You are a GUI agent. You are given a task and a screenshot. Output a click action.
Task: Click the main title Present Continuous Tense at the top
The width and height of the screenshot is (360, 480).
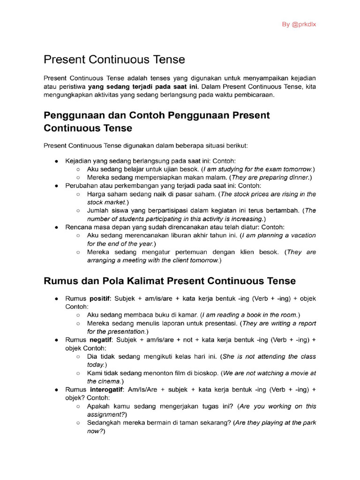[x=114, y=60]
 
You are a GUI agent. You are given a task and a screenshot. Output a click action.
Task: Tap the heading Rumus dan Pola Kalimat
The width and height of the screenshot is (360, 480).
[x=169, y=281]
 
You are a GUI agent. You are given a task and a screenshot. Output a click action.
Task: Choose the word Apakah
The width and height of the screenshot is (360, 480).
[x=98, y=406]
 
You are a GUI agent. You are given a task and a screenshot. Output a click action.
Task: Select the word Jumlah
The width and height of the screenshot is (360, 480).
[x=98, y=210]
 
